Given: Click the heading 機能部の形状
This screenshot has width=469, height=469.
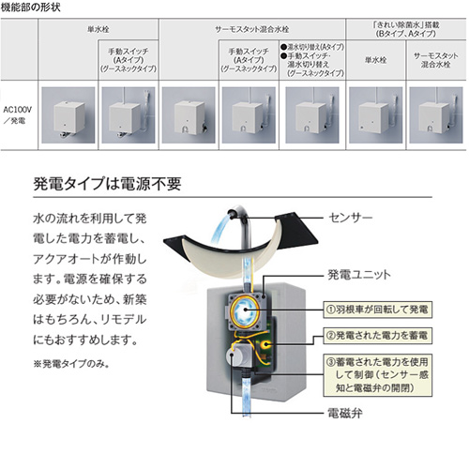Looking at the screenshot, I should (36, 8).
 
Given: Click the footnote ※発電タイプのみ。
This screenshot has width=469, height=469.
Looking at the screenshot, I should (68, 362).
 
